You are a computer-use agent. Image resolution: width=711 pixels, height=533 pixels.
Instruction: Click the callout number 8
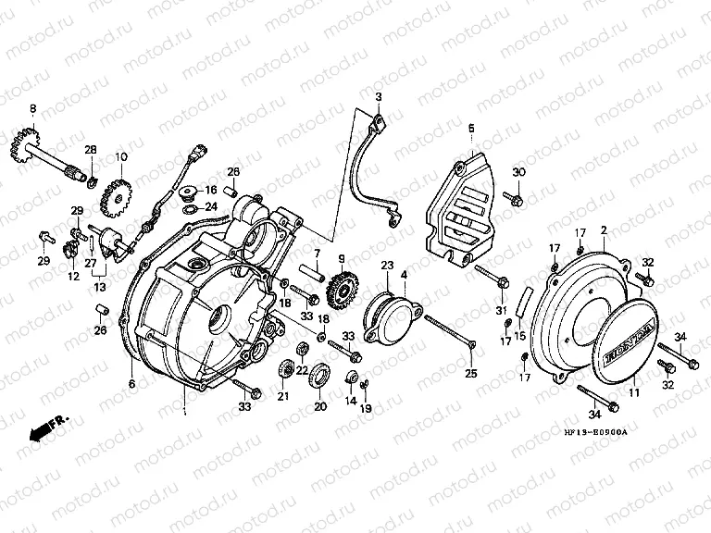(33, 109)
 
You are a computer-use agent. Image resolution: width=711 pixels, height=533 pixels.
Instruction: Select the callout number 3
(378, 97)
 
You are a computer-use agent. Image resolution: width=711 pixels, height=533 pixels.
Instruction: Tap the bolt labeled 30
(515, 198)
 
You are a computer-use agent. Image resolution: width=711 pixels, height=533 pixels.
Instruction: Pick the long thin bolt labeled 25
(450, 331)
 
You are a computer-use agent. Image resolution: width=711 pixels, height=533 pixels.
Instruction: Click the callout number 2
(603, 229)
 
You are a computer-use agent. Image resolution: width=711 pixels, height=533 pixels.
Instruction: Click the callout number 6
(131, 383)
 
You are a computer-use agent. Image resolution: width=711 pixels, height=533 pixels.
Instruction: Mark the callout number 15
(520, 335)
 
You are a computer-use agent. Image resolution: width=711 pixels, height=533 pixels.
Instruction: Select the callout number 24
(212, 207)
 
